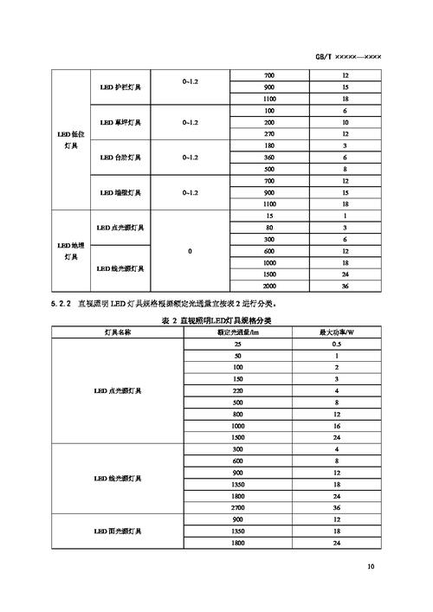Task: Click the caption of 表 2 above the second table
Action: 211,320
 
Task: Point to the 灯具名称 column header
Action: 118,332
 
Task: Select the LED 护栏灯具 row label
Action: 121,87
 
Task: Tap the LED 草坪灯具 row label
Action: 121,122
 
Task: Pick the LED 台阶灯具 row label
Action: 121,158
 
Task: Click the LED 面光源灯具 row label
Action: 118,531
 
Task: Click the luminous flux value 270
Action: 269,134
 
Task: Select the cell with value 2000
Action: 269,286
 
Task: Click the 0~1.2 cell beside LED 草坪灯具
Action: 191,122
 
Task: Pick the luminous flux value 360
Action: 269,158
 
